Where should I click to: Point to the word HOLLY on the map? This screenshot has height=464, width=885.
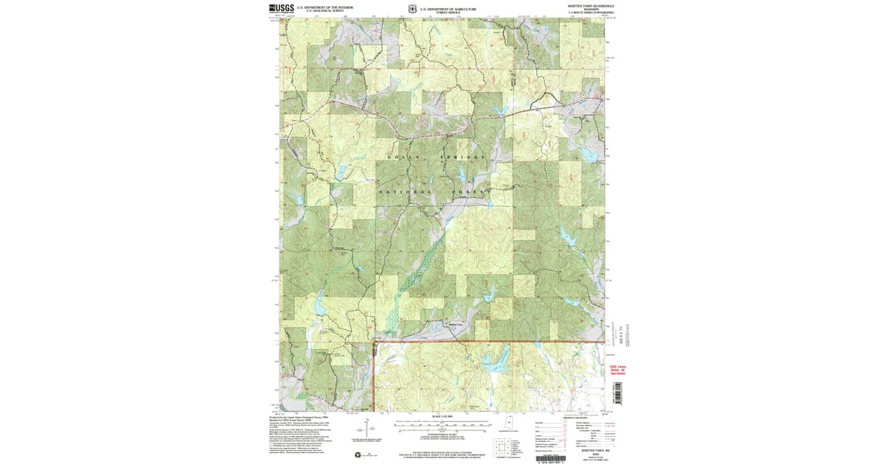click(404, 158)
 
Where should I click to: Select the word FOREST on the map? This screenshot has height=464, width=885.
click(470, 192)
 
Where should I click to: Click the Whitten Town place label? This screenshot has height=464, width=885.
click(454, 323)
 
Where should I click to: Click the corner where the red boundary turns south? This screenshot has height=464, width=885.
click(375, 342)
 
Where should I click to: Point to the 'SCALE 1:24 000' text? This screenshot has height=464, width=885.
click(442, 418)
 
